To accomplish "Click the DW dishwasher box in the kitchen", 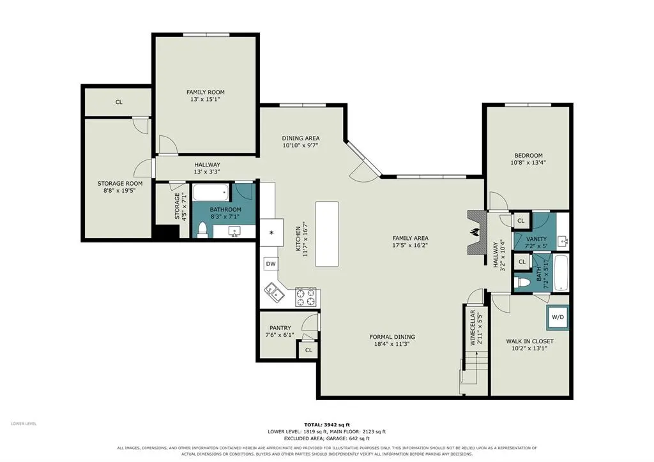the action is (271, 264).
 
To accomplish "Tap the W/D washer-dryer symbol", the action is (558, 317).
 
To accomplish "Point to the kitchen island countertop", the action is (327, 234).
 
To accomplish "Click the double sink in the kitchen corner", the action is (274, 292).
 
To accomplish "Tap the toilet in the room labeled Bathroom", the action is (202, 230).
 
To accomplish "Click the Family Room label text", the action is (205, 92).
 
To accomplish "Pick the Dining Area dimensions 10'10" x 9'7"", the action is (300, 145).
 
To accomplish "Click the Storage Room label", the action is (120, 183).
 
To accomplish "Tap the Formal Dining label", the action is (392, 336).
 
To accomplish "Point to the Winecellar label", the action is (473, 328).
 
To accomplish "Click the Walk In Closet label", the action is (529, 341).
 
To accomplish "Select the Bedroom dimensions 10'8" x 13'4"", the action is (528, 163).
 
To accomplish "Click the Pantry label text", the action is (280, 328).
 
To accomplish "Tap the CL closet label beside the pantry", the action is (308, 350).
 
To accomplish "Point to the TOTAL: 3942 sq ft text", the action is (327, 425).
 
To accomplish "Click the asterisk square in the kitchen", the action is (271, 232).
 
